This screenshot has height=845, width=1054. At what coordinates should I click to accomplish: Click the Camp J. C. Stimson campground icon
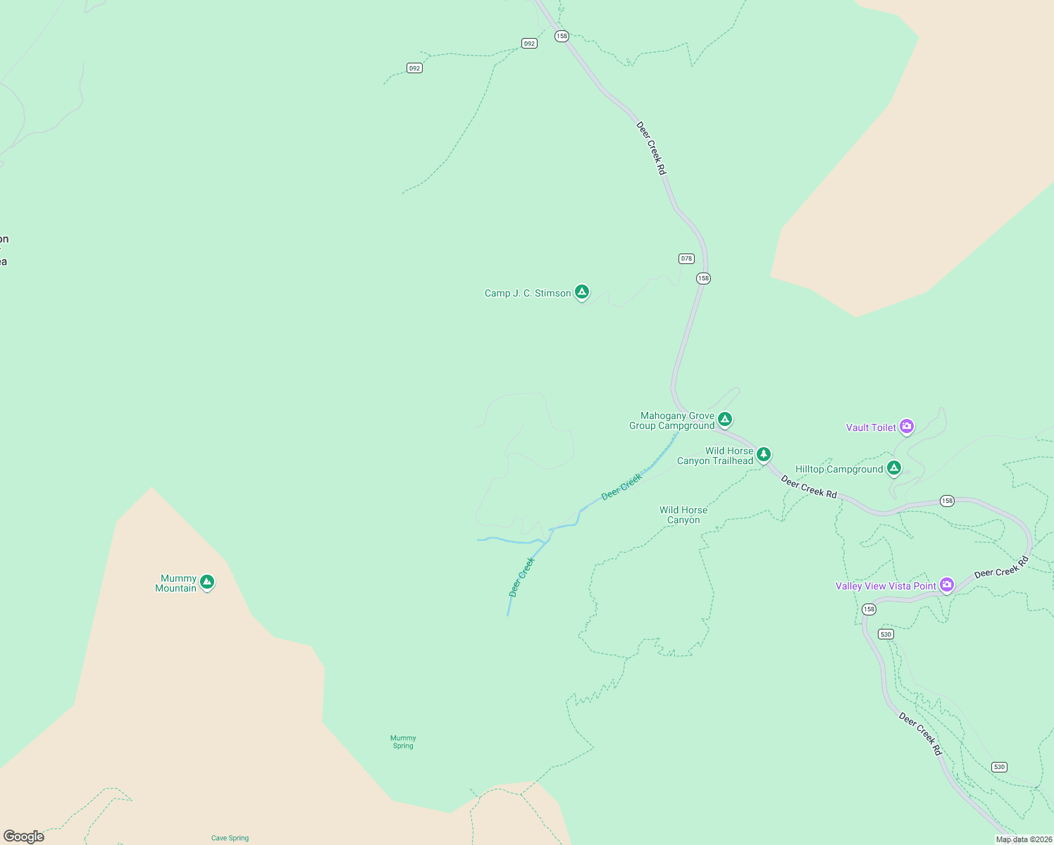pos(581,292)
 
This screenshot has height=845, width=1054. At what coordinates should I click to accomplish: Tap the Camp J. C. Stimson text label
pos(528,294)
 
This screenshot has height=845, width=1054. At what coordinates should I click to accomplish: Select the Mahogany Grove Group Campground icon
pos(724,420)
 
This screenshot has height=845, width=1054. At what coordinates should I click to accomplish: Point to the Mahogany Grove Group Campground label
pos(672,421)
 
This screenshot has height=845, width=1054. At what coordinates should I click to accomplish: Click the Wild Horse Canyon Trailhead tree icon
pos(763,455)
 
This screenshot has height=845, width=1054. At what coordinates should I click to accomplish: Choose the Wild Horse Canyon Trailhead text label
pos(716,456)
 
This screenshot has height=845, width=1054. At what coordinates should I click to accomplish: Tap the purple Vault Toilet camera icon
pos(907,426)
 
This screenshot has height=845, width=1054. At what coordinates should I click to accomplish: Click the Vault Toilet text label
pos(871,427)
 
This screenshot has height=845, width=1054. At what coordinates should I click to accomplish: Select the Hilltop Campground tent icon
pos(894,468)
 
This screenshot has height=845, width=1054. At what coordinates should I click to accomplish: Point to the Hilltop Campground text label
pos(839,470)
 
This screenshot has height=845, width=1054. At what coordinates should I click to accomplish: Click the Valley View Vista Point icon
pos(947,584)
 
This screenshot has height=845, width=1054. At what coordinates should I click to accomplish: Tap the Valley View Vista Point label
pos(886,587)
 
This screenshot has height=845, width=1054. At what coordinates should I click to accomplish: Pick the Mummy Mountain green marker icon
pos(206,582)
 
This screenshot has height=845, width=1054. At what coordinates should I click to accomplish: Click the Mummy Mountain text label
pos(176,584)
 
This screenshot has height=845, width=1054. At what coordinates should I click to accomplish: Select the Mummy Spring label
pos(403,742)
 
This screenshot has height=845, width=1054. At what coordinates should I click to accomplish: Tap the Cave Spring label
pos(230,838)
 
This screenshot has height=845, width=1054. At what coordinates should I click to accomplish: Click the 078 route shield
pos(686,258)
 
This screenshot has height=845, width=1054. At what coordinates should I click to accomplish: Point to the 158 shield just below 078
pos(703,278)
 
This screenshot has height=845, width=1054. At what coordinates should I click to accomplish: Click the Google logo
pos(24,837)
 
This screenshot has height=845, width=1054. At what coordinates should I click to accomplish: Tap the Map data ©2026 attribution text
pos(1023,839)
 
